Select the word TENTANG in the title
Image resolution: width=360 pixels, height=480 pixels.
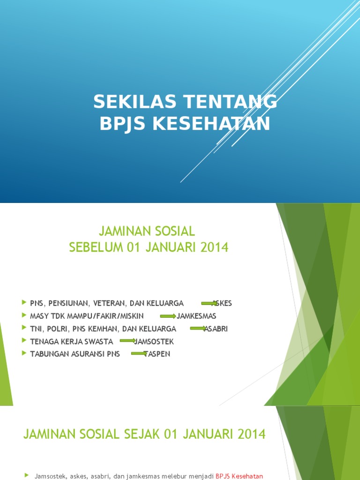click(230, 101)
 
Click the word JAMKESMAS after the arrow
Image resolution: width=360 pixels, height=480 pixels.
click(196, 316)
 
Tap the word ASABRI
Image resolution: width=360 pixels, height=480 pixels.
click(216, 329)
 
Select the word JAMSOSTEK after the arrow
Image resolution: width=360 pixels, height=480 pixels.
click(154, 342)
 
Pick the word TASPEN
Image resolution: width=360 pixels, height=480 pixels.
click(157, 354)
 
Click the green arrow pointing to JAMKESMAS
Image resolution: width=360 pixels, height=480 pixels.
click(168, 316)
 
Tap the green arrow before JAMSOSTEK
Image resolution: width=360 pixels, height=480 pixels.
click(127, 341)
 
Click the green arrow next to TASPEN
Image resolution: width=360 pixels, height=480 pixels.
click(138, 353)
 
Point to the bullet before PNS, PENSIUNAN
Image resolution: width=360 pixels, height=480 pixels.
click(24, 303)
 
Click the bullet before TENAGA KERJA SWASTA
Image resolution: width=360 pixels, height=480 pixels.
click(24, 341)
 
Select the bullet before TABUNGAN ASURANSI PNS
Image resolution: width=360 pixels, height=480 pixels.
click(24, 353)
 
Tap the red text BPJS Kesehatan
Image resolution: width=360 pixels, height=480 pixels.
click(240, 476)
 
